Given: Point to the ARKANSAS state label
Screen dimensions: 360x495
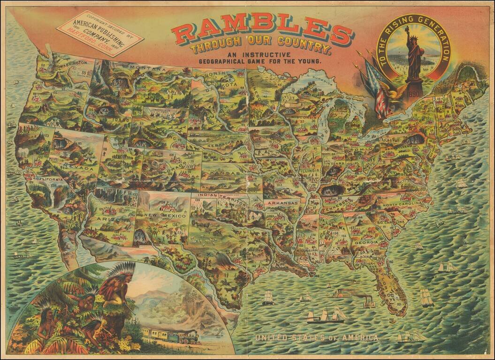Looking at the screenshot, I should [x=283, y=203].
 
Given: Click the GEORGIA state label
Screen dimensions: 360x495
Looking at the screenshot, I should [x=366, y=242].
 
